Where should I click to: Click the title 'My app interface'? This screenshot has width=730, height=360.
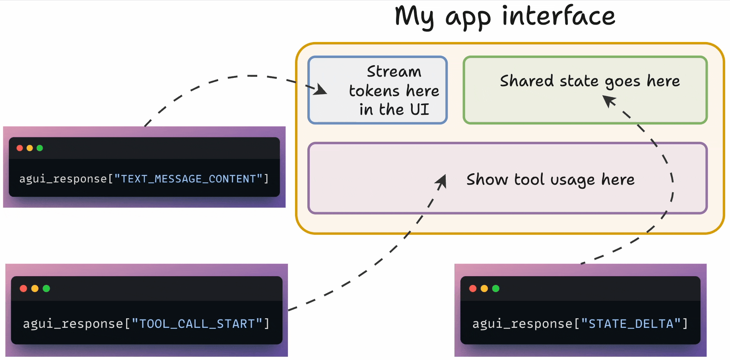click(x=505, y=17)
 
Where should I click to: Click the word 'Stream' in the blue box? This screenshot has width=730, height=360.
click(x=394, y=72)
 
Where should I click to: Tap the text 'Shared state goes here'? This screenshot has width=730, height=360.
click(x=590, y=81)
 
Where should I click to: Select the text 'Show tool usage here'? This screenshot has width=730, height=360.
click(x=550, y=180)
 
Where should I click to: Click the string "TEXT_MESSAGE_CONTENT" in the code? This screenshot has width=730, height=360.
click(x=188, y=179)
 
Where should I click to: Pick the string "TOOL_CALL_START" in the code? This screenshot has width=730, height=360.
click(x=197, y=324)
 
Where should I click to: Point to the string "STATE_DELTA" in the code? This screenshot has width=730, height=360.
click(x=631, y=324)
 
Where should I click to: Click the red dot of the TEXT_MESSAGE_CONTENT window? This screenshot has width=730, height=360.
click(x=19, y=148)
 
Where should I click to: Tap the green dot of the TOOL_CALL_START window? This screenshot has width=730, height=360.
click(x=47, y=288)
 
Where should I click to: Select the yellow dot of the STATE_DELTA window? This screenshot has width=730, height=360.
click(x=484, y=288)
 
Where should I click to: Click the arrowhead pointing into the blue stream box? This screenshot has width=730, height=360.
click(x=320, y=90)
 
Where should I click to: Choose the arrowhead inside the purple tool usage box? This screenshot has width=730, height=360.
click(x=441, y=182)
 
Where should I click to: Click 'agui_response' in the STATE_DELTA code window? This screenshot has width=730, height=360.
click(x=522, y=324)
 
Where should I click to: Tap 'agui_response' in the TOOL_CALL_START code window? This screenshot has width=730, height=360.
click(x=73, y=324)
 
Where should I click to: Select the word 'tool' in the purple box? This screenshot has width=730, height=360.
click(x=529, y=180)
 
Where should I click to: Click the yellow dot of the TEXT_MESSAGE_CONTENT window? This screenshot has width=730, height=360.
click(x=29, y=148)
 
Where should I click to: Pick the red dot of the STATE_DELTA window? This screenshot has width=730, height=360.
click(x=473, y=288)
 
